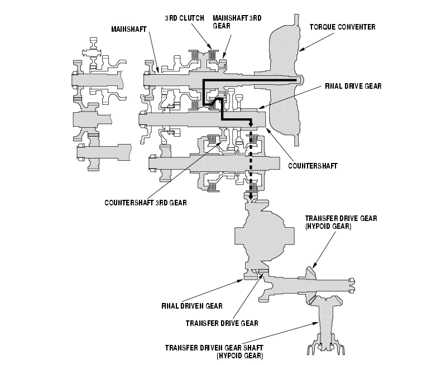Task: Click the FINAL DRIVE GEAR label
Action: click(x=352, y=87)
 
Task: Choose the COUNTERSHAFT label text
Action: click(x=314, y=166)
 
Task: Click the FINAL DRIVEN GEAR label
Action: click(x=192, y=306)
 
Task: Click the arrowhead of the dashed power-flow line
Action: click(x=250, y=197)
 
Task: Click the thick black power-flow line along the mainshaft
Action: click(x=251, y=80)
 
